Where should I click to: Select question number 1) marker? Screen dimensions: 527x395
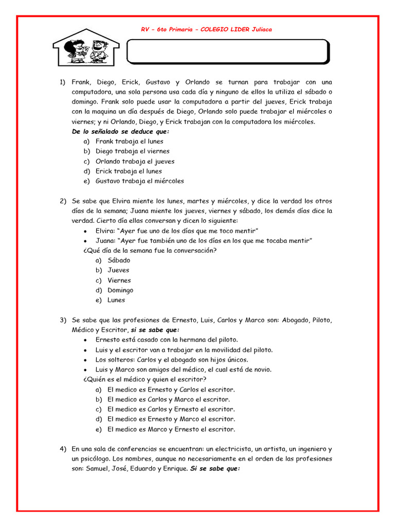pos(63,82)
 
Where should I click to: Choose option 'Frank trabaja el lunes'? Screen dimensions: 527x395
pos(129,142)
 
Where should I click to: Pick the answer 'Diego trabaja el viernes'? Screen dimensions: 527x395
pos(132,151)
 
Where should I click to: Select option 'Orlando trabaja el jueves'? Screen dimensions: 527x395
pos(135,161)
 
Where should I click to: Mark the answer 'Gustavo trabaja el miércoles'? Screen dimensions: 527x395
pos(139,181)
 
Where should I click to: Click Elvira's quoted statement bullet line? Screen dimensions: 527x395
pos(176,231)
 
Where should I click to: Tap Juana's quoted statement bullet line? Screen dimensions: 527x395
pos(204,241)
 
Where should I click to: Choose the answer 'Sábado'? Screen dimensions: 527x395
pos(119,260)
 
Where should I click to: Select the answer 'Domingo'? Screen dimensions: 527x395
pos(120,290)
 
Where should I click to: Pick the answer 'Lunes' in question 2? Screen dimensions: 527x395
pos(116,300)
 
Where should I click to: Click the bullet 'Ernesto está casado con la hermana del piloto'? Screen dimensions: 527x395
pos(167,340)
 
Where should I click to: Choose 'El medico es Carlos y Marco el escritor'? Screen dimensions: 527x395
pos(169,399)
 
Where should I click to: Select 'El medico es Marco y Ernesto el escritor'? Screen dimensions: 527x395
pos(171,429)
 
